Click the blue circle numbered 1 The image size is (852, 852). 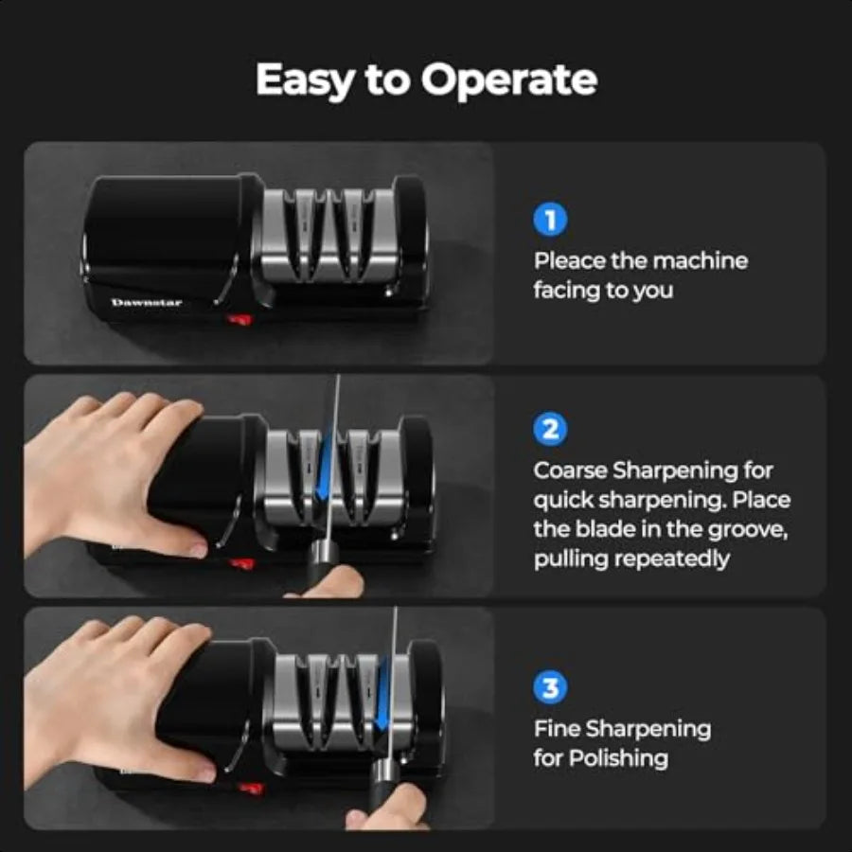550,221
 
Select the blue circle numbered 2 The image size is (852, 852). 550,431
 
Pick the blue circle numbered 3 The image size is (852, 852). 550,688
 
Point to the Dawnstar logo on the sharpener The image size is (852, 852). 147,303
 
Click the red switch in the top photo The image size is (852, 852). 241,321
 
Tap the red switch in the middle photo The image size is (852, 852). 242,563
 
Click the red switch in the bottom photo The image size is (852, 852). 249,788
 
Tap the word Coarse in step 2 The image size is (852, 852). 570,470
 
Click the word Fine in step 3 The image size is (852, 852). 556,729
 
